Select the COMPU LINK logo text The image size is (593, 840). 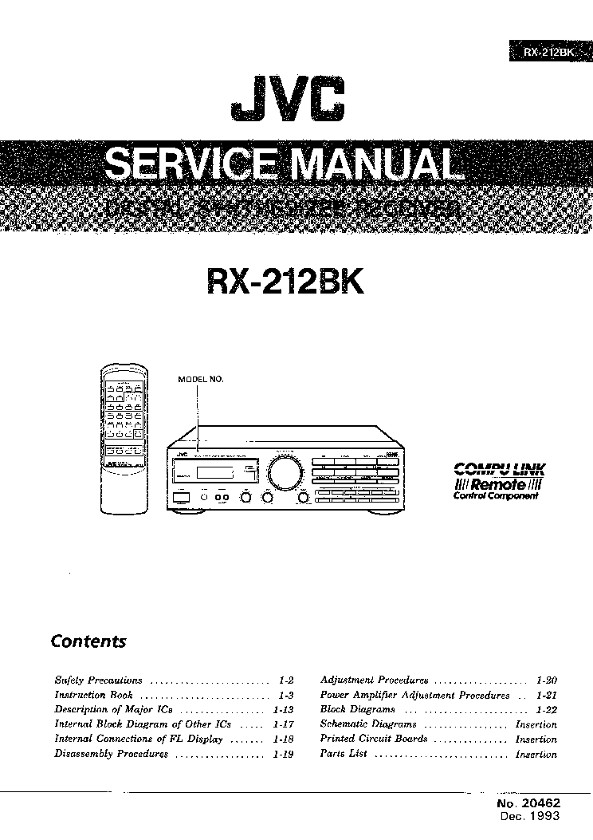coord(500,470)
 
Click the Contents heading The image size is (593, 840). coord(88,641)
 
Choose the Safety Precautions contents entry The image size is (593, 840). coord(98,680)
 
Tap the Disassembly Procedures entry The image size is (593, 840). coord(111,754)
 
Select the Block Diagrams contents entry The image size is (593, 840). coord(357,709)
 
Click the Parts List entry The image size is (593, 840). coord(343,754)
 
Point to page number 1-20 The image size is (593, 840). coord(546,680)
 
